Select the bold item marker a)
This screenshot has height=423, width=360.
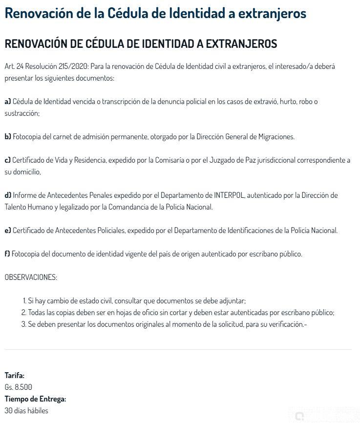coord(8,102)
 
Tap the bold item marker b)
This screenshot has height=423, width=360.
coord(8,137)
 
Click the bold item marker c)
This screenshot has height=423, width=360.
coord(8,160)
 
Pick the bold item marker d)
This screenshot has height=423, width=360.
coord(8,195)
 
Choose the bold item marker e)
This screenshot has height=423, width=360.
coord(8,231)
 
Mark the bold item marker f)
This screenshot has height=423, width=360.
coord(7,254)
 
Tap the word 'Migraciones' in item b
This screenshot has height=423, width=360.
coord(275,137)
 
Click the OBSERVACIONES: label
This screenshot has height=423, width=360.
coord(31,277)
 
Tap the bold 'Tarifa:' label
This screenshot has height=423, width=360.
coord(15,376)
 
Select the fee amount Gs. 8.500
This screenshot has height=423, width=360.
coord(19,387)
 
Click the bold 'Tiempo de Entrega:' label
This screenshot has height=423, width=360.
coord(35,399)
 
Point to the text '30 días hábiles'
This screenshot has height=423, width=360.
coord(26,411)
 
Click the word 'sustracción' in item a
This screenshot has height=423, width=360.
coord(21,113)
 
